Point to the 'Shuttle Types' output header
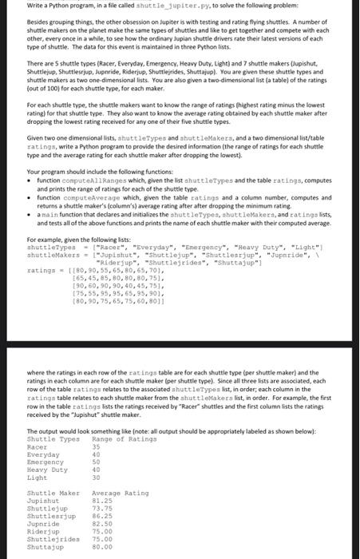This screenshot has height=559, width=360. click(53, 439)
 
